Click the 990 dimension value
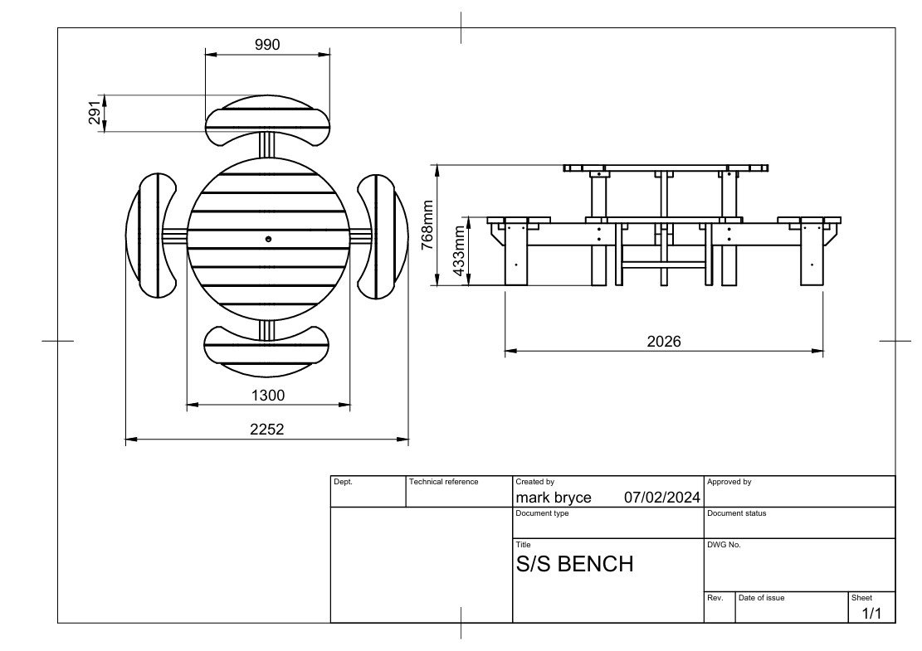tap(267, 45)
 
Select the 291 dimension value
tap(95, 113)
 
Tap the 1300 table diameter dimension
tap(268, 396)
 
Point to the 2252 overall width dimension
tap(267, 430)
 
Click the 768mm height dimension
tap(427, 225)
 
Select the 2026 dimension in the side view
tap(664, 342)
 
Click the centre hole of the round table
tap(269, 239)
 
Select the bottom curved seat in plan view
tap(266, 352)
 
